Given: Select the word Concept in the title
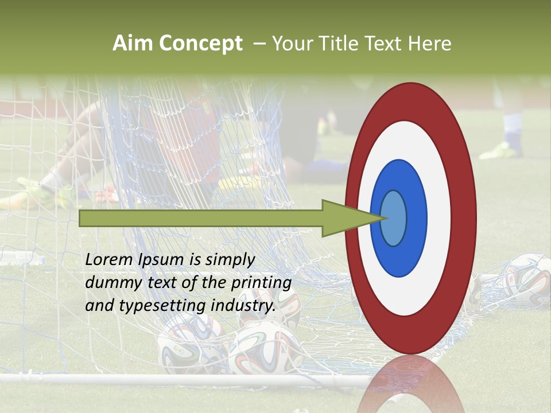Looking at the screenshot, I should tap(201, 44).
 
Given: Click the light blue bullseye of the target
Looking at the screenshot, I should tap(394, 218).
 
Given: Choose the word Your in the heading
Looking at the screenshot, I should tap(290, 44).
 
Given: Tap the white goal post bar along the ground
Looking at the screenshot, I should tap(172, 379).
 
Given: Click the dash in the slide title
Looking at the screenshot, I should tap(258, 44).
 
